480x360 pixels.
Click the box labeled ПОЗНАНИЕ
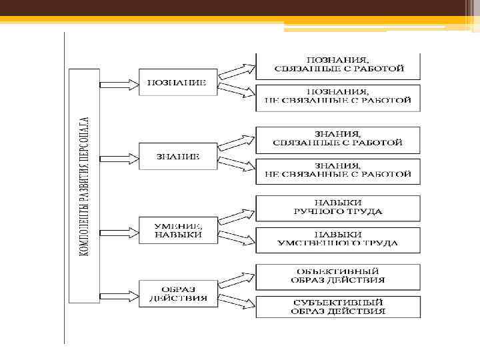(x=178, y=82)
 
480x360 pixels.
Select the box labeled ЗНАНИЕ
(x=178, y=156)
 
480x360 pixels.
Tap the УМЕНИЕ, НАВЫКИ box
(x=178, y=229)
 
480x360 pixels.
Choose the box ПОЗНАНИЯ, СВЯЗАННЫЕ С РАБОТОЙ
(x=338, y=65)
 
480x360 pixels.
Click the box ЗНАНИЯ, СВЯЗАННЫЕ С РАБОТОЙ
(x=338, y=139)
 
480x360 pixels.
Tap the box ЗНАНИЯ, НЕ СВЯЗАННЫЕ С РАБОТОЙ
(x=338, y=171)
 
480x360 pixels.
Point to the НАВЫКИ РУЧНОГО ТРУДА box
(x=338, y=208)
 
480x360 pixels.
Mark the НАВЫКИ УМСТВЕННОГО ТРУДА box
(x=338, y=239)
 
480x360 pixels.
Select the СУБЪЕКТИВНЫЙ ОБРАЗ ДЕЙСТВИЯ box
(x=338, y=307)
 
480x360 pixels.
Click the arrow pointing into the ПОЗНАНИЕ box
(x=119, y=84)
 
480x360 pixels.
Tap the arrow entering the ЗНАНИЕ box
(x=119, y=159)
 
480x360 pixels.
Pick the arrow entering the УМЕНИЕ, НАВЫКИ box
(x=119, y=231)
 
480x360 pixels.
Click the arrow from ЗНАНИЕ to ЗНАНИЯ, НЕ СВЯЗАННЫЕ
(x=237, y=165)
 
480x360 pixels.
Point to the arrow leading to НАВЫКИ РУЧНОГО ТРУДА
(x=237, y=215)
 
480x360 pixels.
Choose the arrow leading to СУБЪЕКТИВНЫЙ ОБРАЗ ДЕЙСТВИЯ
(x=237, y=300)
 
